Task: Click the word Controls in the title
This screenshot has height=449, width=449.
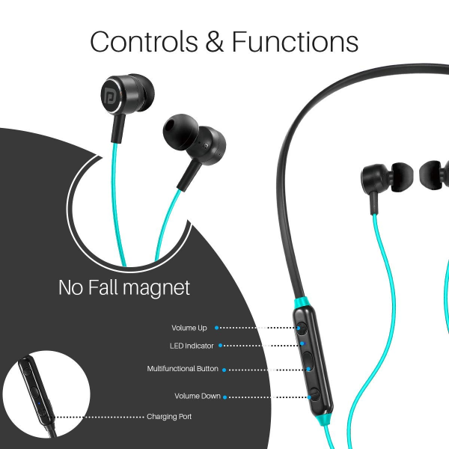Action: pyautogui.click(x=144, y=41)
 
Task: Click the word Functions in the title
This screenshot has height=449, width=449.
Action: pyautogui.click(x=295, y=41)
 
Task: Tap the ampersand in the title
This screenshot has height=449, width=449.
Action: pyautogui.click(x=215, y=41)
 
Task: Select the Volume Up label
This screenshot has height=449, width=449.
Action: pyautogui.click(x=189, y=328)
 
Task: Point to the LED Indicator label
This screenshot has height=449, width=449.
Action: pyautogui.click(x=192, y=346)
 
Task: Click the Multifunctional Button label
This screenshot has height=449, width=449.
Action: pyautogui.click(x=183, y=368)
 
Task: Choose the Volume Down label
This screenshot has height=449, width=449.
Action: pyautogui.click(x=198, y=396)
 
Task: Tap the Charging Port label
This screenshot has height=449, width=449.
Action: pyautogui.click(x=169, y=416)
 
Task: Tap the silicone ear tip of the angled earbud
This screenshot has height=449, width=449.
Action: pyautogui.click(x=180, y=130)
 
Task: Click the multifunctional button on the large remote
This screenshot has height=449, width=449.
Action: pyautogui.click(x=308, y=362)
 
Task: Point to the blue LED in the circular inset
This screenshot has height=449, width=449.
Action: pyautogui.click(x=39, y=404)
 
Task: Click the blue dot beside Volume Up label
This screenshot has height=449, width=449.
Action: pyautogui.click(x=217, y=328)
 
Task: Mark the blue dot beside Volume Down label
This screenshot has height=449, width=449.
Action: pyautogui.click(x=224, y=397)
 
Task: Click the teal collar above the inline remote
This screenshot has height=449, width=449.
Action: pyautogui.click(x=300, y=302)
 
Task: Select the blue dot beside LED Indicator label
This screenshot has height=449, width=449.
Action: pyautogui.click(x=220, y=345)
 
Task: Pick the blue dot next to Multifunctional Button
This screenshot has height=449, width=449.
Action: pyautogui.click(x=224, y=370)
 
